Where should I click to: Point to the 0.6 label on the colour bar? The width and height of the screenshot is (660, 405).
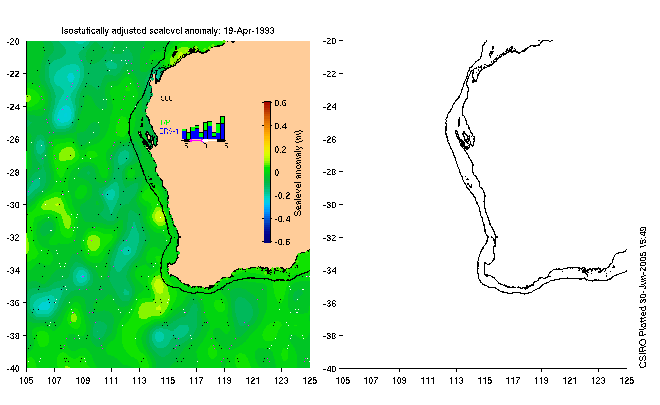[x=280, y=104]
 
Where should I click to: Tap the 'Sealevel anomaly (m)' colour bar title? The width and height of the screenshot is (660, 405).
[x=298, y=172]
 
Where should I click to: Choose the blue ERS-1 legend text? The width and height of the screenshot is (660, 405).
[x=168, y=131]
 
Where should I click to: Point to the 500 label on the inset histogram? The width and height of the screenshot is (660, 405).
[x=167, y=99]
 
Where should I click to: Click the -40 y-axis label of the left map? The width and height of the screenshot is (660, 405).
[x=12, y=369]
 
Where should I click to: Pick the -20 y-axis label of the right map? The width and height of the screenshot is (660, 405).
[x=330, y=41]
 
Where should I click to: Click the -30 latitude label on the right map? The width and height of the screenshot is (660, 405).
[x=330, y=205]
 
